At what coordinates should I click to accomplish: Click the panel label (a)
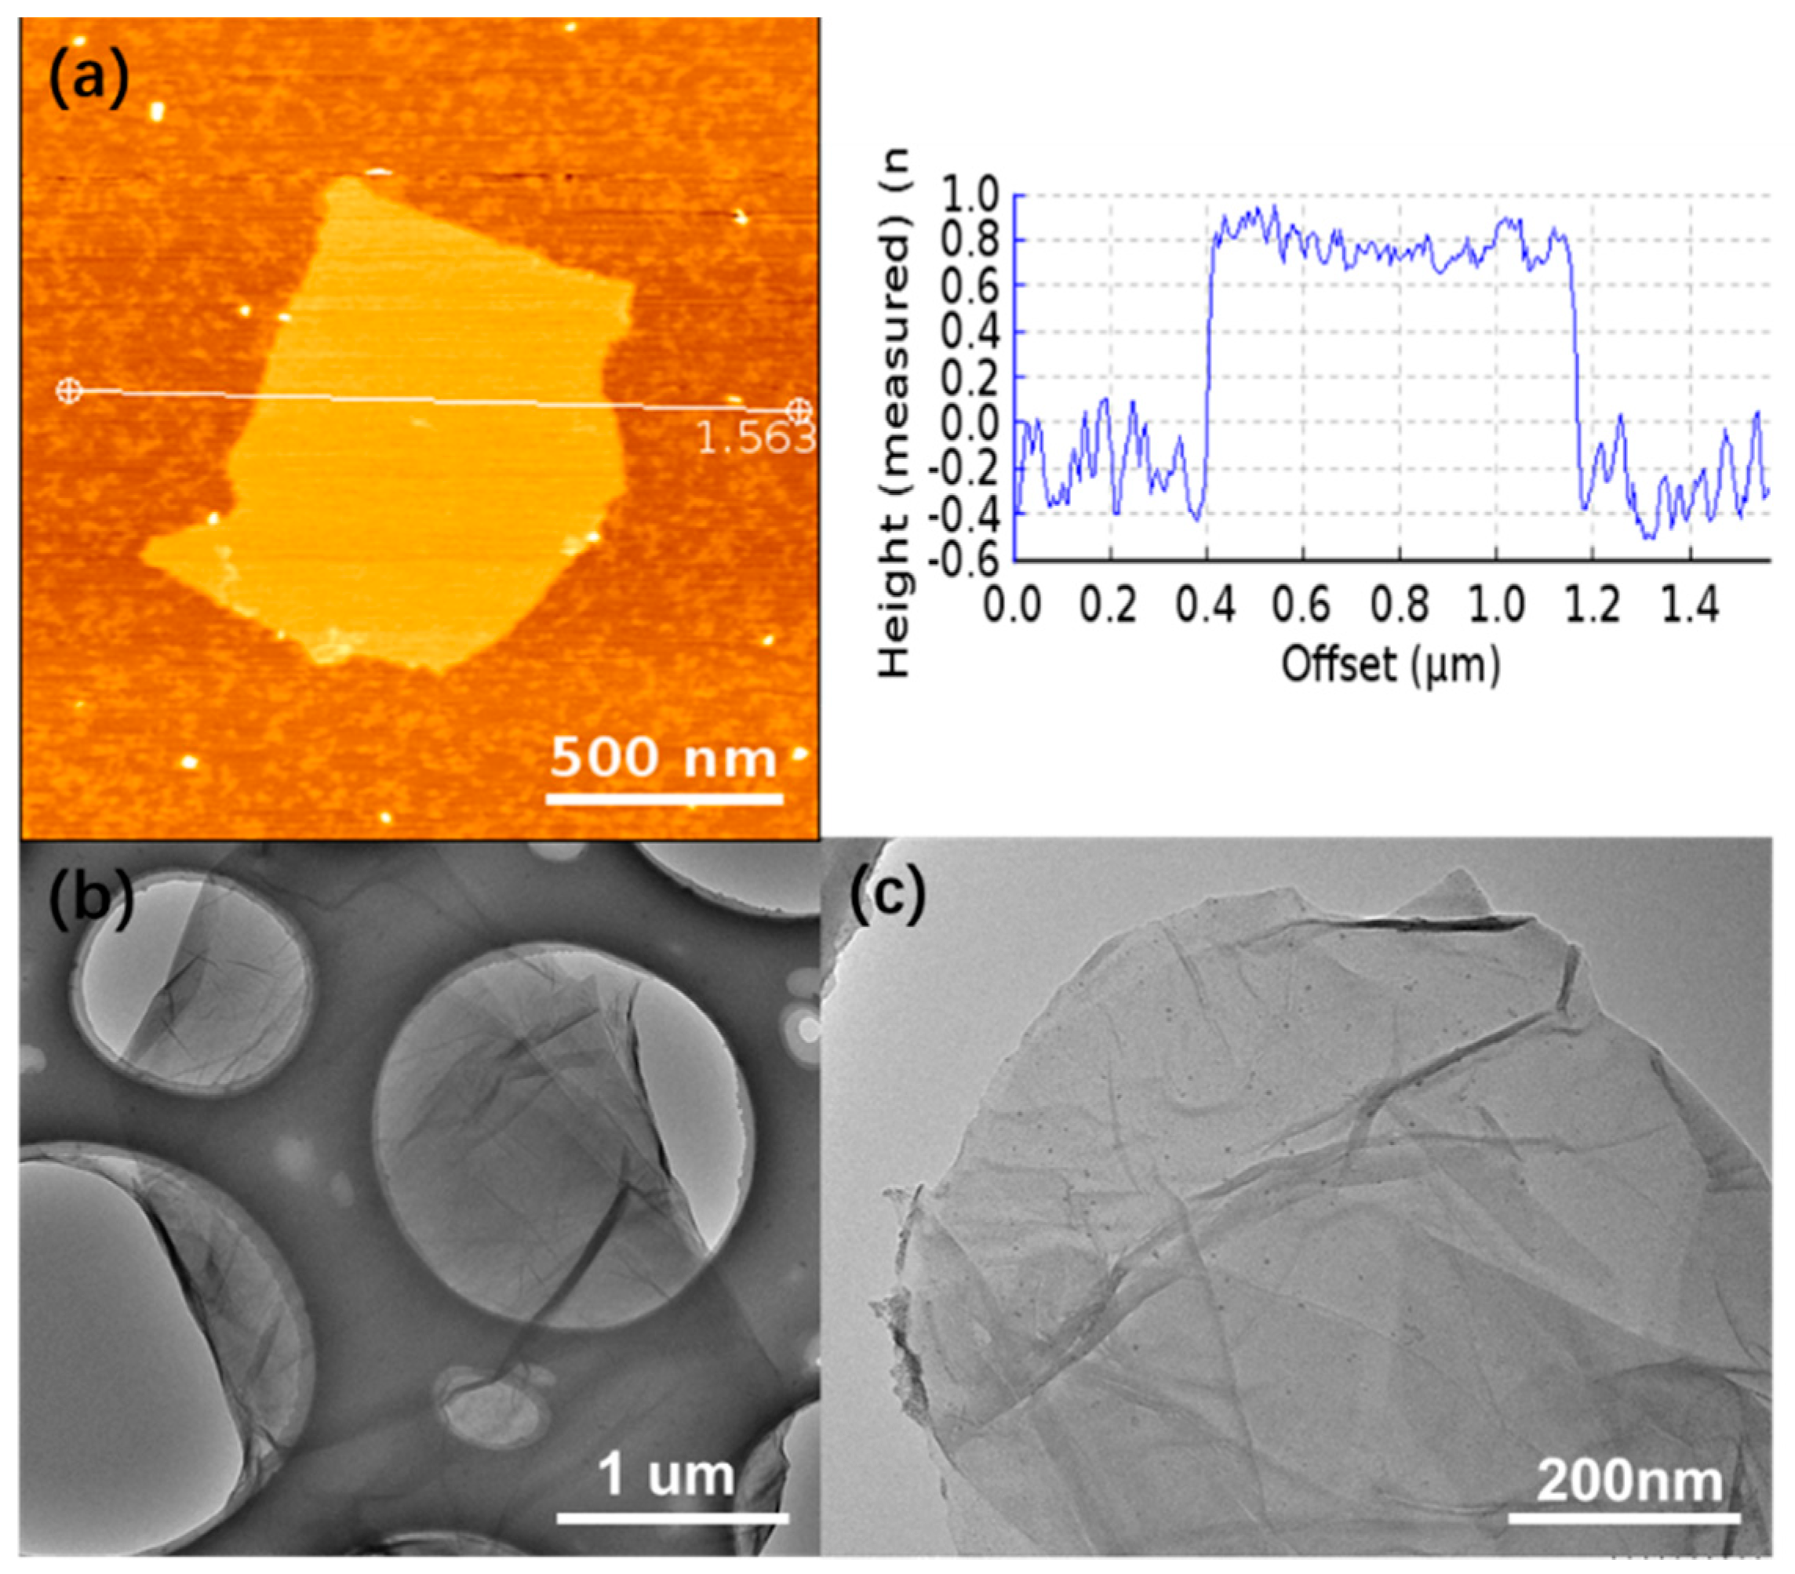(x=89, y=80)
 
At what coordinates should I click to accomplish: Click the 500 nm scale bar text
(x=664, y=758)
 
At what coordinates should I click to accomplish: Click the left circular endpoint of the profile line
(x=68, y=391)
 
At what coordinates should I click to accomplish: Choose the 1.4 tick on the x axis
(x=1691, y=606)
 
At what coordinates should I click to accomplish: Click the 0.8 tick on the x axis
(x=1400, y=606)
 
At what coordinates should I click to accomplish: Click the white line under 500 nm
(x=664, y=799)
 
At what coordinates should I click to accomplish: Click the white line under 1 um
(x=672, y=1517)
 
